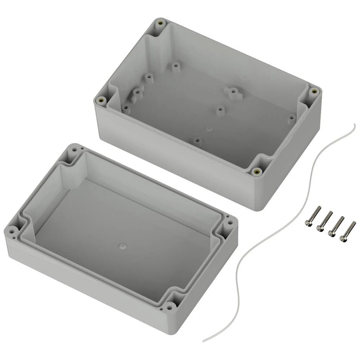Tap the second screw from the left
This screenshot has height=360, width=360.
(x=324, y=221)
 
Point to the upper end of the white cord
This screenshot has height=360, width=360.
(x=354, y=125)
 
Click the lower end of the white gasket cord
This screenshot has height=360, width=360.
(x=204, y=341)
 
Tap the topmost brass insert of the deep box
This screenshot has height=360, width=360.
(x=160, y=24)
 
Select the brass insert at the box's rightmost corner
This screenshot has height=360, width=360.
(x=314, y=91)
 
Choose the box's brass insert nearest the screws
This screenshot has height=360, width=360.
(x=256, y=171)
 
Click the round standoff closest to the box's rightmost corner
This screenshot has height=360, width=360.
(x=292, y=119)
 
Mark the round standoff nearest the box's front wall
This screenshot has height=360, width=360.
(x=197, y=141)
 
